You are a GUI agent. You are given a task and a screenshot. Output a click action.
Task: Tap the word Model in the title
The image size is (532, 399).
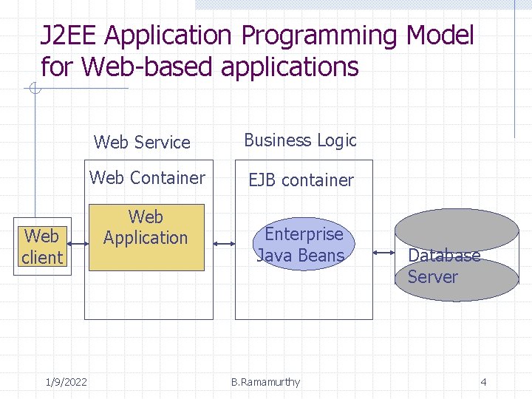point(439,35)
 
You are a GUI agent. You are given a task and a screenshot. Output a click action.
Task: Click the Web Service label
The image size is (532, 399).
point(142,142)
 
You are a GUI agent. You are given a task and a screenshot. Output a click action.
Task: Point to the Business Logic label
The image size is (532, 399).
point(300,140)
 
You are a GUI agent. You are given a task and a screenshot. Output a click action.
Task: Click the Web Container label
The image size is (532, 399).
point(147,178)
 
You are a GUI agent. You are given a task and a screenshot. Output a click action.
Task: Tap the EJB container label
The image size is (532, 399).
point(301,180)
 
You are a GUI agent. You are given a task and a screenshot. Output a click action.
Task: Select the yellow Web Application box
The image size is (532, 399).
point(146,237)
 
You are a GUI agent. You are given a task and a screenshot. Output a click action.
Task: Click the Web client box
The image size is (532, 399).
point(42,247)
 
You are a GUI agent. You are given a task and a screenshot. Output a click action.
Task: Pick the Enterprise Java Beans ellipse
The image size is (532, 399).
point(300,245)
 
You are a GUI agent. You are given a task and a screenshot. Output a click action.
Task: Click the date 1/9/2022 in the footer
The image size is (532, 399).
point(66,382)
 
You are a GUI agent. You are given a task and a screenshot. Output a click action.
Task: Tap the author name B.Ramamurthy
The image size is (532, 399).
point(265,382)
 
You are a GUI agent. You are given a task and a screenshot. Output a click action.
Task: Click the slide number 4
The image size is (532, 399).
point(483,382)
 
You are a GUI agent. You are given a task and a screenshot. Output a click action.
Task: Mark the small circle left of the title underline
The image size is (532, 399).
point(33,90)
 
